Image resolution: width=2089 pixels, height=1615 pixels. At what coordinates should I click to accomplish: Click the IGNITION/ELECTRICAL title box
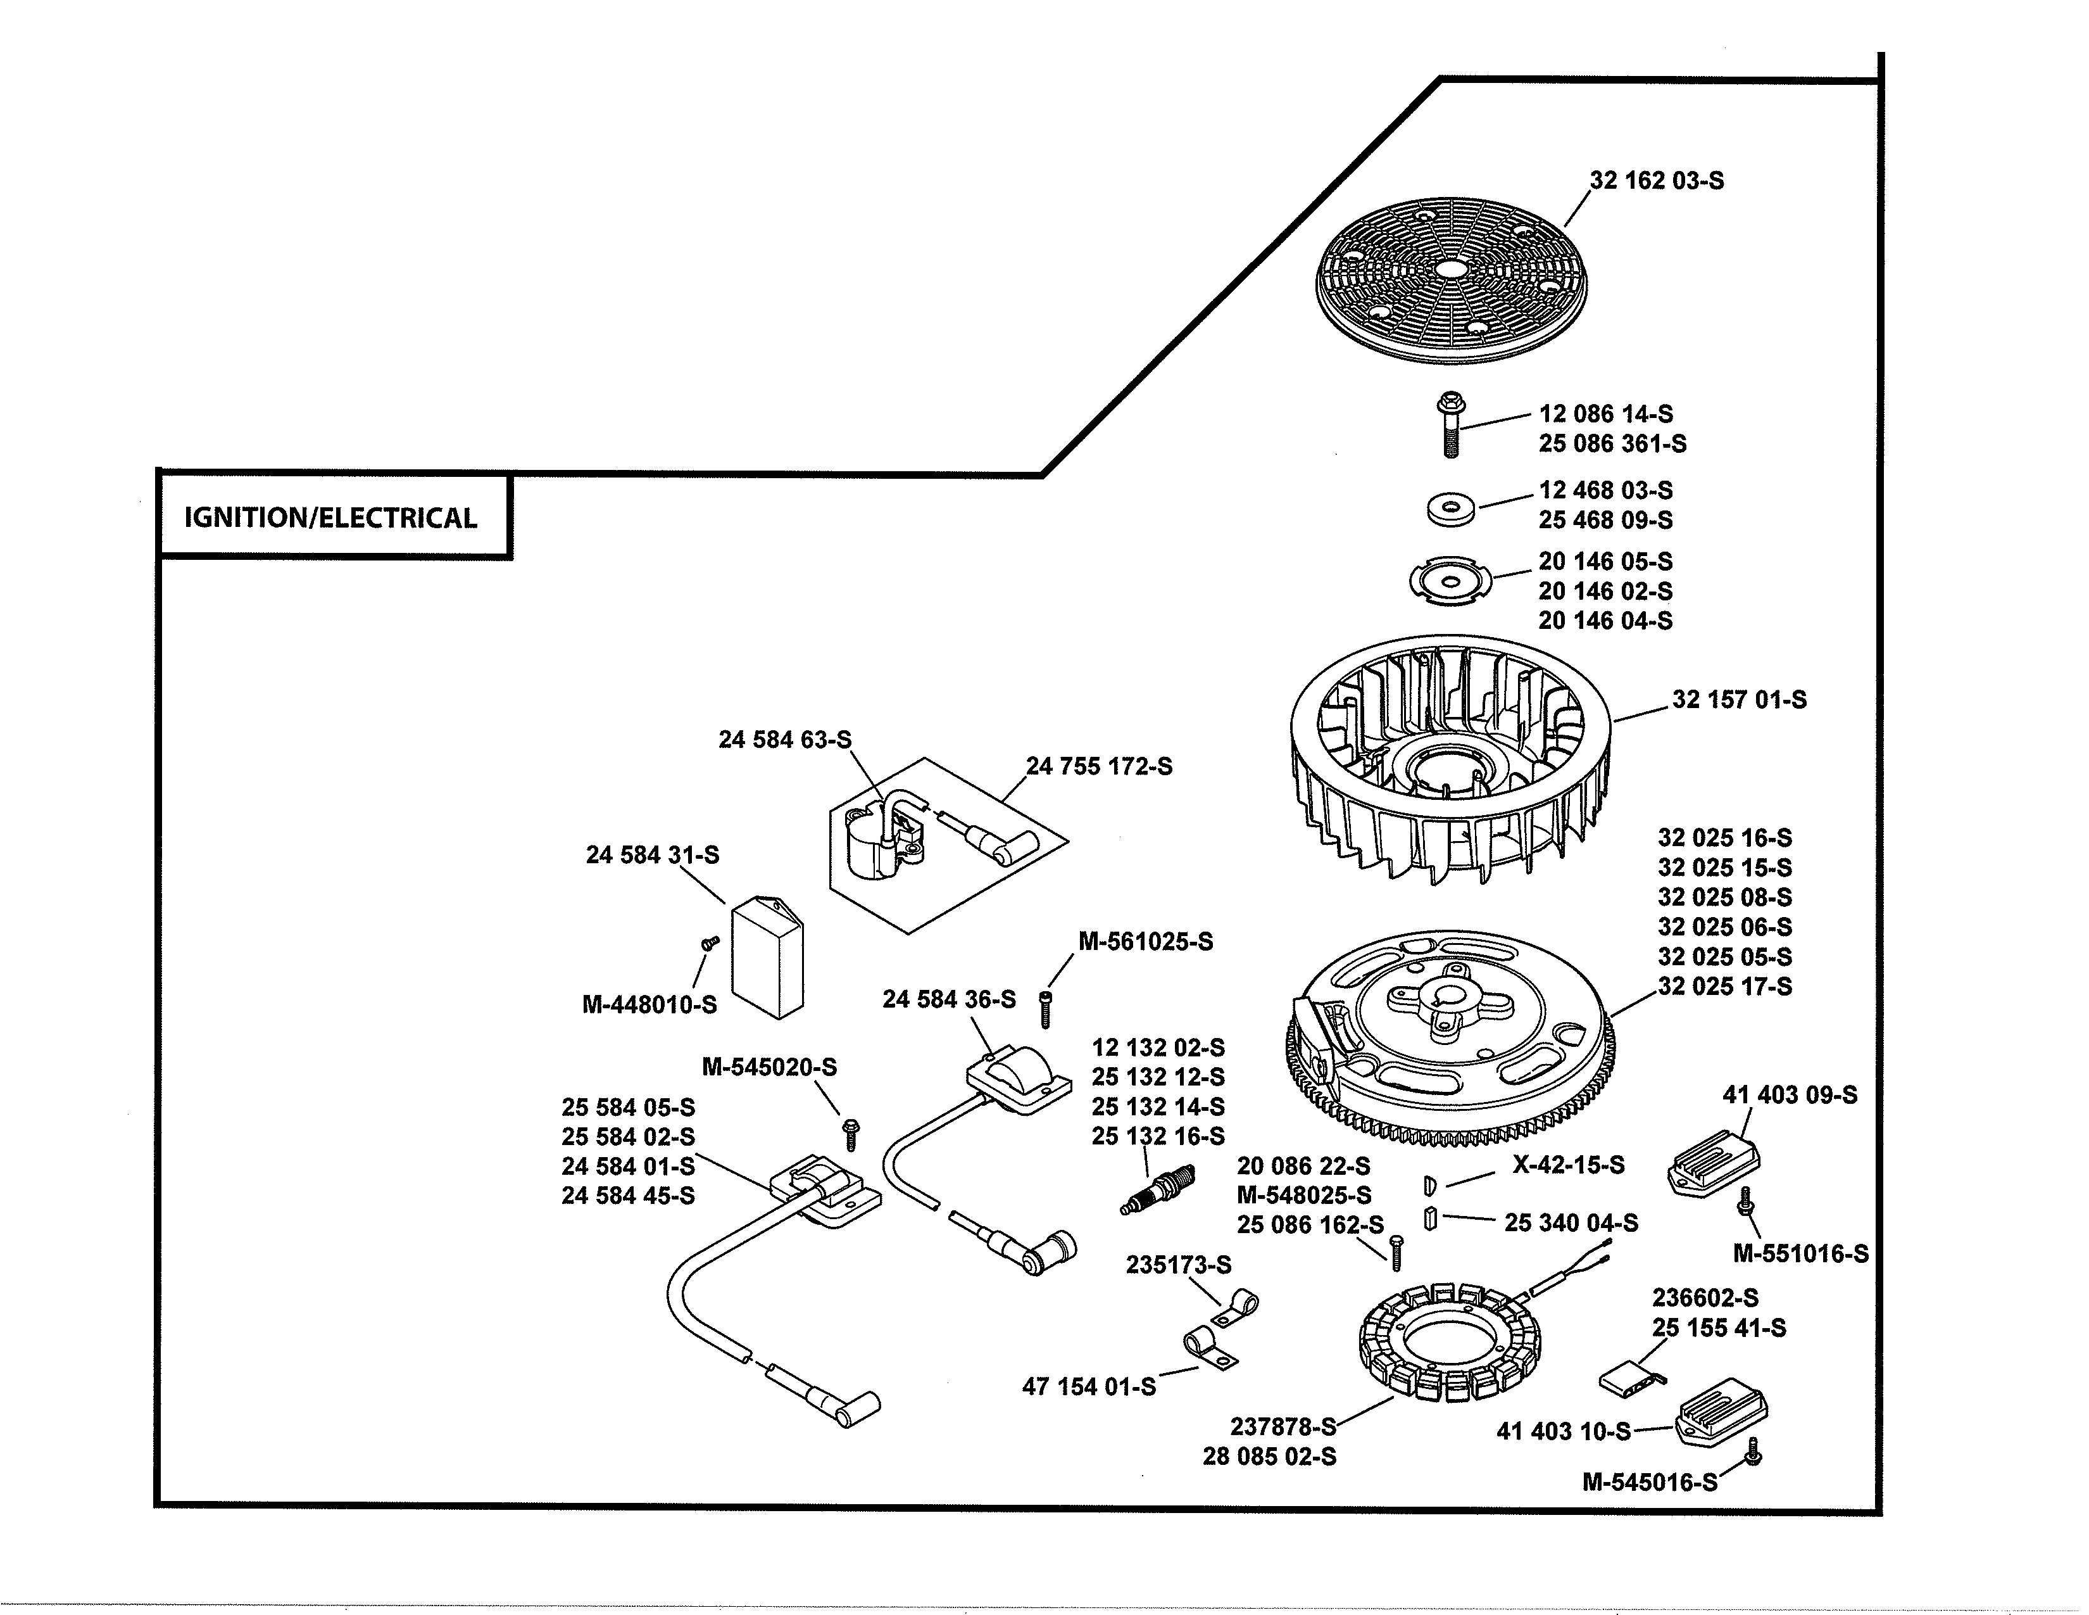tap(332, 517)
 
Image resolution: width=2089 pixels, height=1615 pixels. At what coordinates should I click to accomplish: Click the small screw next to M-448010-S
tap(709, 944)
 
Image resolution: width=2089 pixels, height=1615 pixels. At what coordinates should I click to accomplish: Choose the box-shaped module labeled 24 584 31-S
tap(768, 958)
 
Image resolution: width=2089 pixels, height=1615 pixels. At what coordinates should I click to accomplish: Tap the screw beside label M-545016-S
tap(1753, 1452)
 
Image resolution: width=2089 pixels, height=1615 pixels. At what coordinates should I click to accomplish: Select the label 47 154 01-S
tap(1089, 1387)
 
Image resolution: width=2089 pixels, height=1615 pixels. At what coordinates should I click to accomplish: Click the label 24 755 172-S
tap(1099, 766)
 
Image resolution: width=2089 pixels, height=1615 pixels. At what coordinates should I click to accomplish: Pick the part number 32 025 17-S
tap(1724, 986)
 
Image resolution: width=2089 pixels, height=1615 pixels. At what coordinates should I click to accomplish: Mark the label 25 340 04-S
tap(1571, 1223)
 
